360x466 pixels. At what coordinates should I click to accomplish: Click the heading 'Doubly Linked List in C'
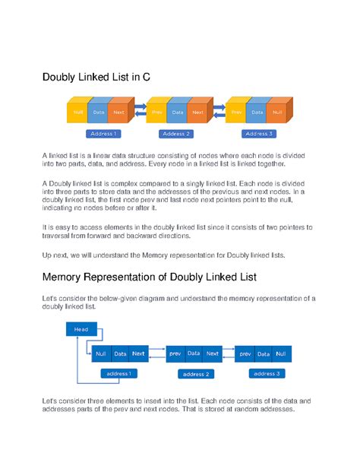(96, 77)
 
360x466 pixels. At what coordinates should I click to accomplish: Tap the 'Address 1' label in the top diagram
(103, 134)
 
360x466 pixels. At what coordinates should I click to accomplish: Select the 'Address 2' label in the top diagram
(176, 134)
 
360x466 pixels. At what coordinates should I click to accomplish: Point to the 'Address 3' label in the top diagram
(259, 134)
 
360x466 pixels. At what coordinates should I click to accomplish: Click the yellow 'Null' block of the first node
(77, 113)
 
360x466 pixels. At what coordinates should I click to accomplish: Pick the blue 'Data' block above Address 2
(177, 113)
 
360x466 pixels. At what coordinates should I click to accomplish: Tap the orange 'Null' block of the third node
(276, 113)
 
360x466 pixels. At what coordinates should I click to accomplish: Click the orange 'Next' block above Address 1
(118, 113)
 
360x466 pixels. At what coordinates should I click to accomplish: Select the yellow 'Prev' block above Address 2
(156, 113)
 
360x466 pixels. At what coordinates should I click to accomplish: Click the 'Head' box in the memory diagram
(81, 329)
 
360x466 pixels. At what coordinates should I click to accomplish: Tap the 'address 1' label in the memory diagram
(118, 373)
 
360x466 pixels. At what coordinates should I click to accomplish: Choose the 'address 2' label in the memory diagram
(196, 374)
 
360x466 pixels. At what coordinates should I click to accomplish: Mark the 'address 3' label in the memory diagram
(267, 373)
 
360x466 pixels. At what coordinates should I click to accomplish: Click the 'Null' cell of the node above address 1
(101, 353)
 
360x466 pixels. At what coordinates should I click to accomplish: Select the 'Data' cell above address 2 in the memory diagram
(194, 353)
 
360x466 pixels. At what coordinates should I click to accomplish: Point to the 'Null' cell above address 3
(281, 353)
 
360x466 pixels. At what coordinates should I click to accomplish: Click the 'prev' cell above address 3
(245, 353)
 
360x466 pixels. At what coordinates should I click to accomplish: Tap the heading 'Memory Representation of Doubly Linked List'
(150, 277)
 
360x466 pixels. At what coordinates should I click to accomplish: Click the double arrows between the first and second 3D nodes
(141, 110)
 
